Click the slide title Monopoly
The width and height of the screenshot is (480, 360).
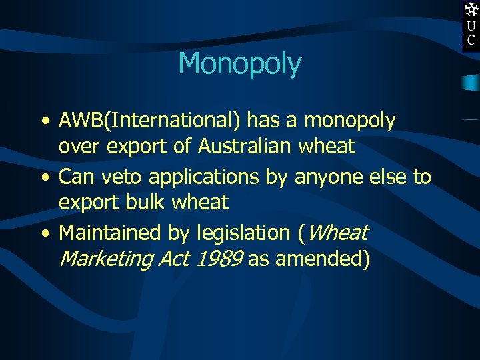(x=240, y=64)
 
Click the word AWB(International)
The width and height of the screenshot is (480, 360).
(x=151, y=121)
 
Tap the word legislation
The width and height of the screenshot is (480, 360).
(x=243, y=233)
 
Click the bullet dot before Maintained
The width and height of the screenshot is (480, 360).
(x=44, y=234)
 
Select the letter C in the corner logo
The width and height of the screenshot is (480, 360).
(x=471, y=41)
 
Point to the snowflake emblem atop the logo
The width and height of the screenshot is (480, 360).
(x=471, y=9)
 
